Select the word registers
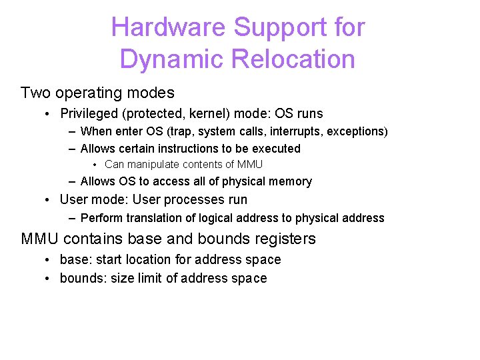(281, 239)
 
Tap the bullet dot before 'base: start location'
(49, 260)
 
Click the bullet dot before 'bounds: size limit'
(49, 279)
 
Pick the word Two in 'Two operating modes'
(35, 93)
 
